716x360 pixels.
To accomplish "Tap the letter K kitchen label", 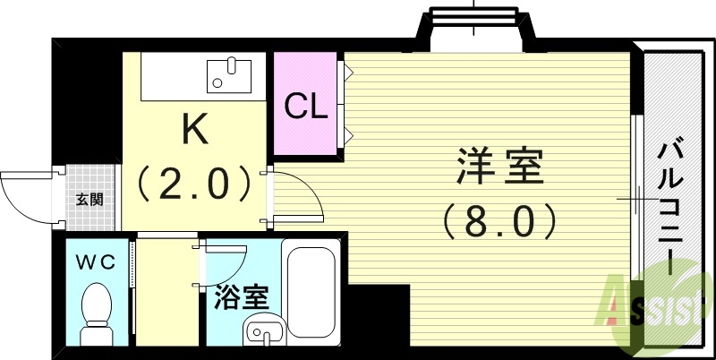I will [194, 130].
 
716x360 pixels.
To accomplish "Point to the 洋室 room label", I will [500, 167].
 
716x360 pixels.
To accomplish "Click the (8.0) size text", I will [500, 218].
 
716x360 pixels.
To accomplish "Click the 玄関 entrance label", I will [89, 199].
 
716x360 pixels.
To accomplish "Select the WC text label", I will [94, 263].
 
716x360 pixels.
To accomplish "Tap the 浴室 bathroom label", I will [243, 296].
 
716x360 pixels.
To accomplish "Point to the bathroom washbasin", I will [266, 333].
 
